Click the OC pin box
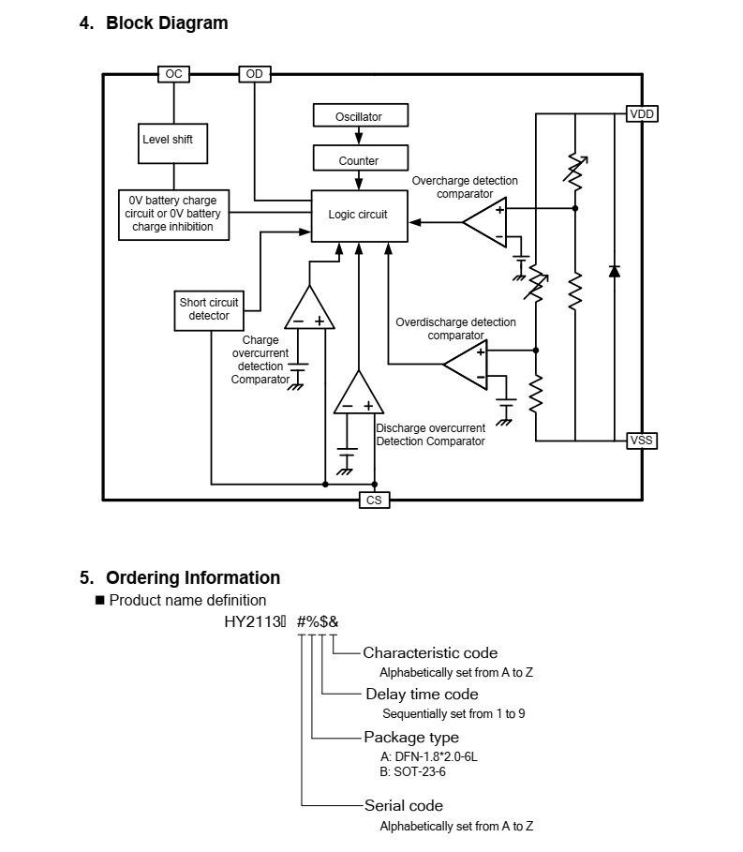pos(173,74)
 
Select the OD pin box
pos(255,74)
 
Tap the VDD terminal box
pos(642,114)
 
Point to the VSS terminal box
pos(642,441)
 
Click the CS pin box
pos(374,500)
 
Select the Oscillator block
pos(361,115)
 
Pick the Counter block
pos(361,158)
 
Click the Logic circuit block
pos(360,216)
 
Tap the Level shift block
pos(172,143)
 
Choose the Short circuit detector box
pos(209,311)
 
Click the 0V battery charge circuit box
pos(173,215)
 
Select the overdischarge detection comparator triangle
pos(466,365)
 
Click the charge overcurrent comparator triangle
pos(309,307)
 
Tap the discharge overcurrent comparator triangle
pos(359,393)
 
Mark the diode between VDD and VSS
pos(615,271)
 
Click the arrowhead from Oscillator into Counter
pos(359,138)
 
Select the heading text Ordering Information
pos(193,577)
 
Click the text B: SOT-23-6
pos(413,771)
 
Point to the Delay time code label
pos(422,694)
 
